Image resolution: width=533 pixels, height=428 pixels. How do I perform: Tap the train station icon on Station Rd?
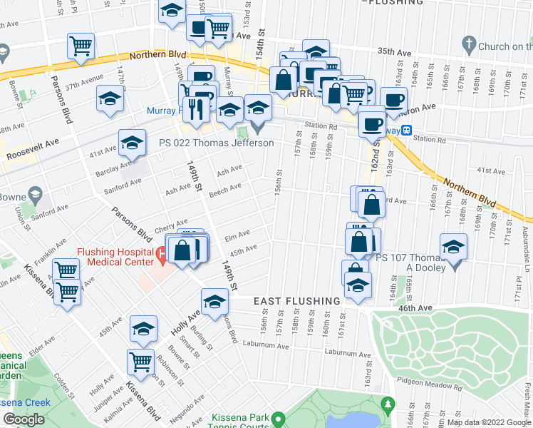[406, 131]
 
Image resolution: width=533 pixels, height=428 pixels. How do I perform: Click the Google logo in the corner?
[24, 419]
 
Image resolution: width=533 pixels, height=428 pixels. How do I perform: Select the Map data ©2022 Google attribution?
[488, 422]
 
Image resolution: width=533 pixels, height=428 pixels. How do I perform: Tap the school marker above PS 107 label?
[453, 248]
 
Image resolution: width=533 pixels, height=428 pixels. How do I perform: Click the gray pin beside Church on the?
[468, 44]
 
